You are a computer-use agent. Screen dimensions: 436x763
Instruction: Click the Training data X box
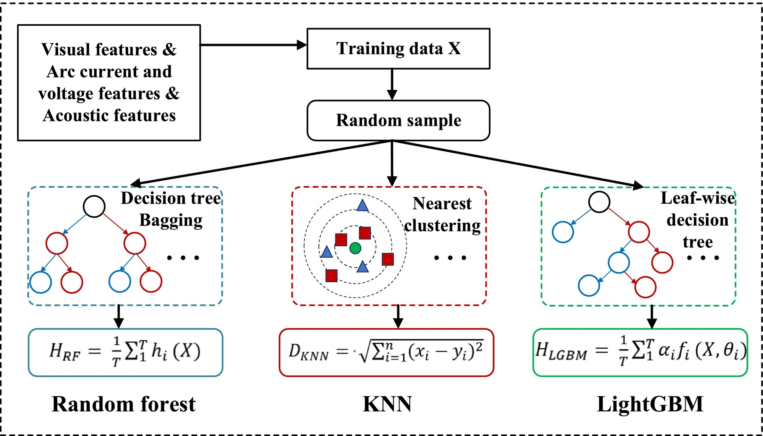398,49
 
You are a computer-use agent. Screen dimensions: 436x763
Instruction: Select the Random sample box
398,120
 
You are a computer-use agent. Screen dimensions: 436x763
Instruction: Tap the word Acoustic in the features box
76,115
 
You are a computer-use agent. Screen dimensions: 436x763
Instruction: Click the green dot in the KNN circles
355,248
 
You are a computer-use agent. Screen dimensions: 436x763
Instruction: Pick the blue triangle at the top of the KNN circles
362,206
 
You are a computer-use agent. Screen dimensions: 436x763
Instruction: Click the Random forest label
123,404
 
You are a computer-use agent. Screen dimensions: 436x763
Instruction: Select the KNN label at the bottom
387,404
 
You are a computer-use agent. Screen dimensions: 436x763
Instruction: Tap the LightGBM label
650,404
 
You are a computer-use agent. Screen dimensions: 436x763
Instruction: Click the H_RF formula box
125,352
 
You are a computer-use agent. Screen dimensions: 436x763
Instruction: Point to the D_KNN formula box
386,352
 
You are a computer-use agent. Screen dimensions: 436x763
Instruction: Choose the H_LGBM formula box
640,352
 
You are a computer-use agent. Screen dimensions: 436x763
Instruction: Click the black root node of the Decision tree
94,206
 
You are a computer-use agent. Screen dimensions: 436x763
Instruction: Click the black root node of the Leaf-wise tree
599,202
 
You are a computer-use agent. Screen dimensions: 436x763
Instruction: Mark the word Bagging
171,220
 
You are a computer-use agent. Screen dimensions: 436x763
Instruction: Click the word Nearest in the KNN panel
442,203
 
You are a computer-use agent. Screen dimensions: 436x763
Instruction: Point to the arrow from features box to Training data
253,45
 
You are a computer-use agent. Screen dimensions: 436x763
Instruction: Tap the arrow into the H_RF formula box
119,317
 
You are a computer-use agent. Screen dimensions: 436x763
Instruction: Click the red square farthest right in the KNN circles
388,259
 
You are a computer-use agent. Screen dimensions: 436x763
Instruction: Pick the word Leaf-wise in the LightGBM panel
697,198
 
